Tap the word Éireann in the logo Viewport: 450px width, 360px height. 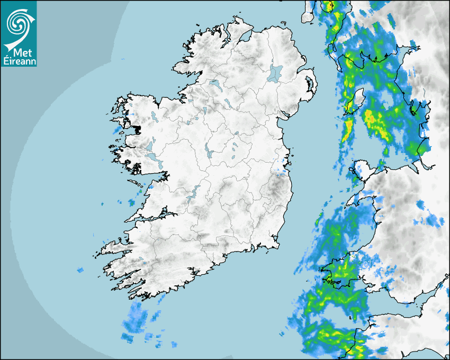(19, 61)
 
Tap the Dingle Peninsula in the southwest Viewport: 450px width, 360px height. (114, 246)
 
